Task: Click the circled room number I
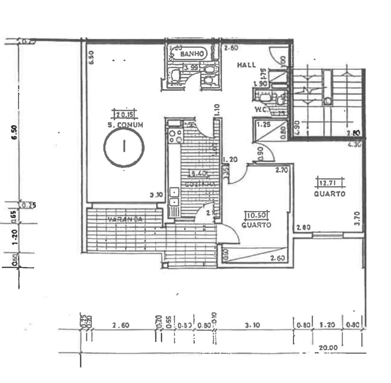[124, 147]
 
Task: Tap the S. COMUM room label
[125, 125]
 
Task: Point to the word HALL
[246, 65]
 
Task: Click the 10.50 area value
[257, 216]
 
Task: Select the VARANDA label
[125, 219]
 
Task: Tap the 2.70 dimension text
[282, 170]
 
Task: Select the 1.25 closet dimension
[263, 124]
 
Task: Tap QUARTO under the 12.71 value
[330, 194]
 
